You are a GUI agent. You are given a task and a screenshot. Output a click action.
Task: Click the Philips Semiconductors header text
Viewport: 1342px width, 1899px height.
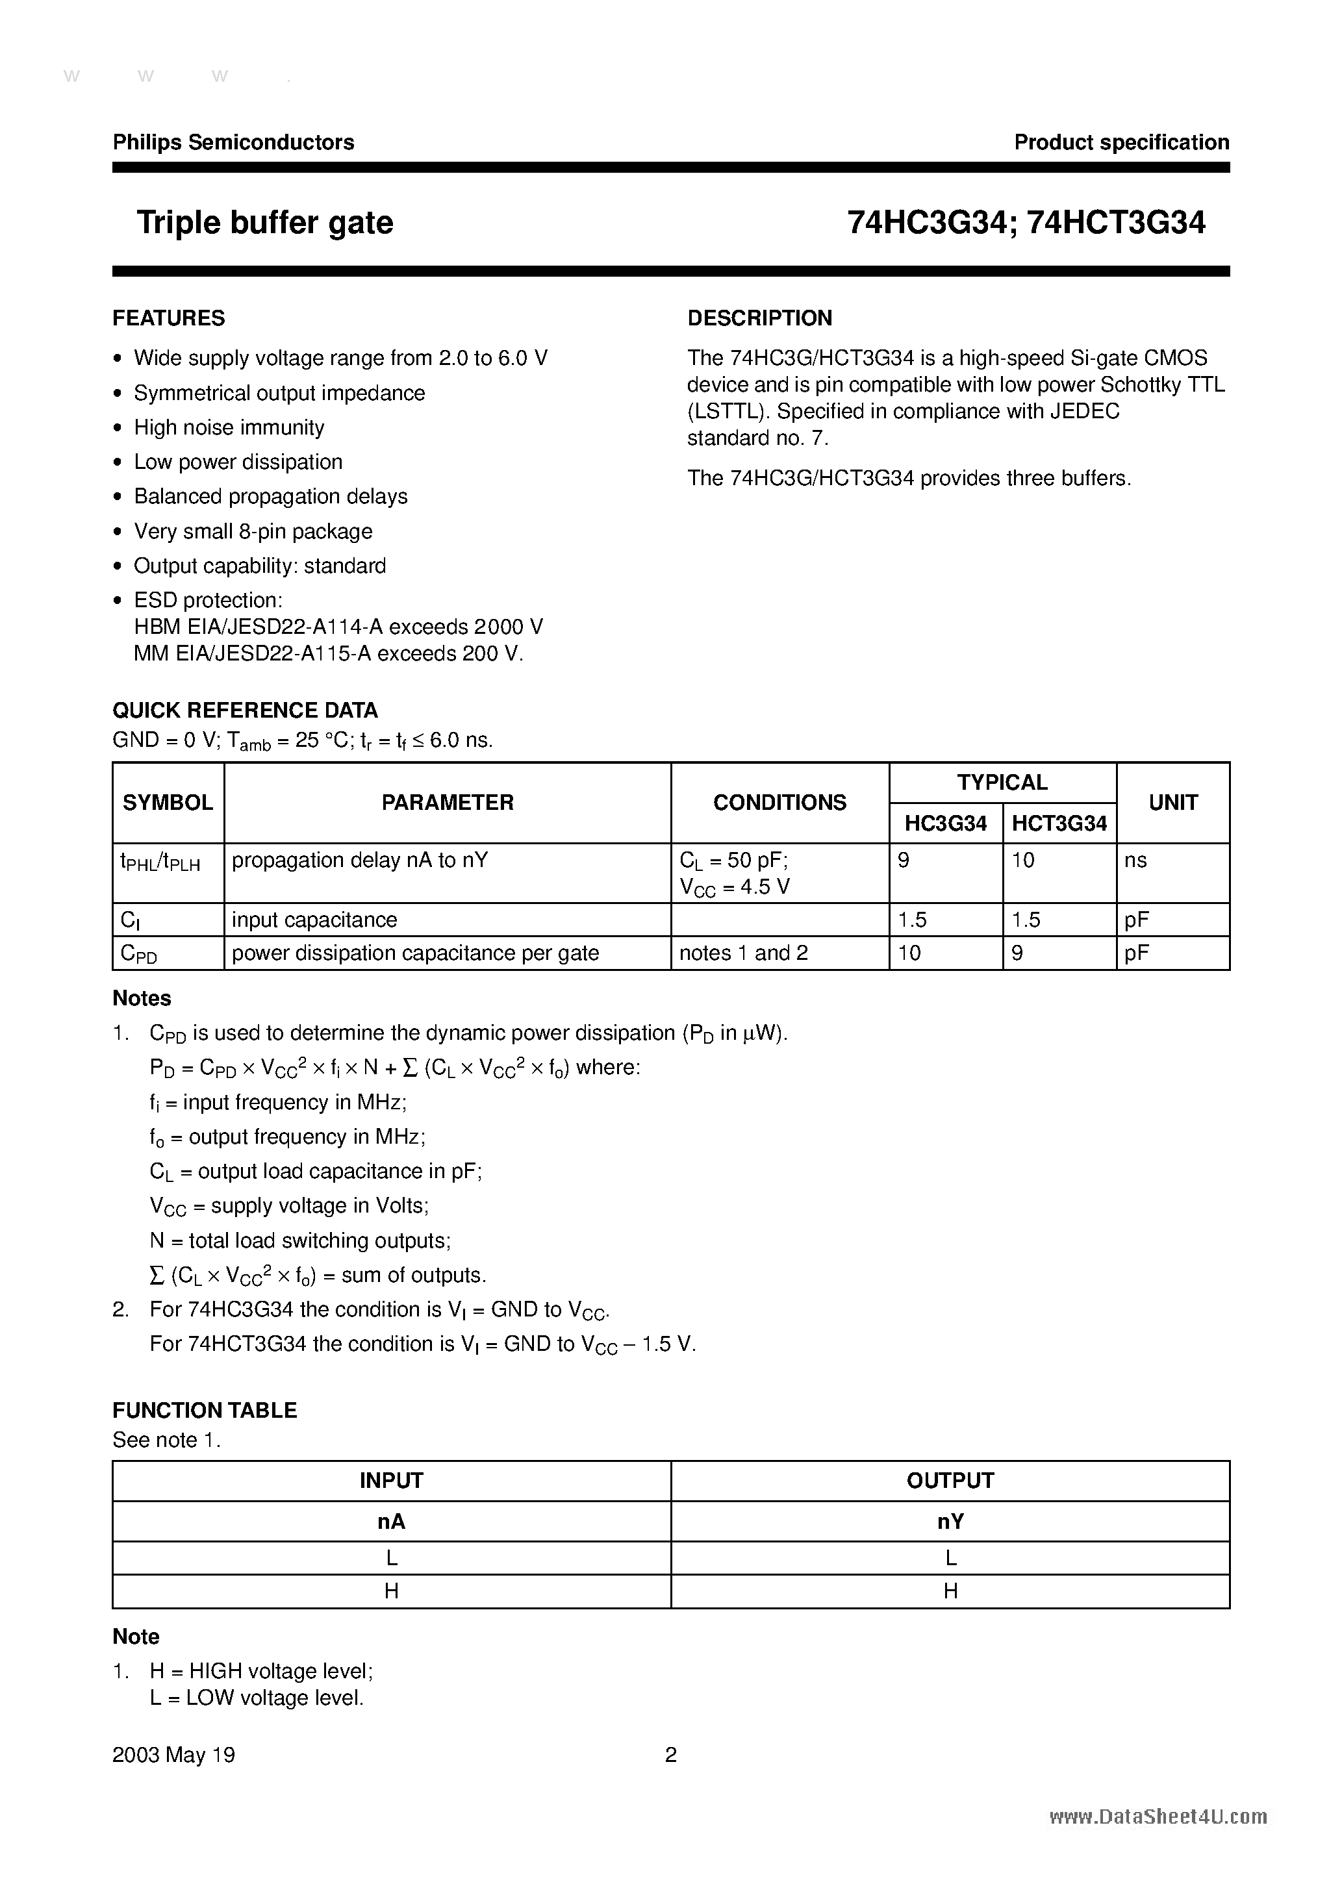click(233, 142)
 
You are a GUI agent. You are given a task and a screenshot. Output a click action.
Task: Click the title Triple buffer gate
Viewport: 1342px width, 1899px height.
click(265, 223)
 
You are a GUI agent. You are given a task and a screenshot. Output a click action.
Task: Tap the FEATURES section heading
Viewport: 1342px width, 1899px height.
click(169, 318)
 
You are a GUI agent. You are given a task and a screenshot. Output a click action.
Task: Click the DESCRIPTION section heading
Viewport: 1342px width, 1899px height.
click(759, 318)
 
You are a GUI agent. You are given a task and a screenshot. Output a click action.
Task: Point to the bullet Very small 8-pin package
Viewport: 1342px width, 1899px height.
click(253, 531)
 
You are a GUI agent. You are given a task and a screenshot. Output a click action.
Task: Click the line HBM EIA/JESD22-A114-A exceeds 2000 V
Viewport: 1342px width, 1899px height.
click(338, 627)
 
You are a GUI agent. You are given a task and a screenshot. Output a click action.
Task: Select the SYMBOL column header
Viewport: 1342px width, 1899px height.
click(168, 802)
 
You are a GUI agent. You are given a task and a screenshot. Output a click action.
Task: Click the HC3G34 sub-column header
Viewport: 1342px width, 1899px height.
click(946, 824)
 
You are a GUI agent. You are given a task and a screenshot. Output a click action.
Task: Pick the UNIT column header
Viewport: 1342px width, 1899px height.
click(1172, 802)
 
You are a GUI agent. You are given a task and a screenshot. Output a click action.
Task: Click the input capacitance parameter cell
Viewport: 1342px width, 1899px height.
click(314, 920)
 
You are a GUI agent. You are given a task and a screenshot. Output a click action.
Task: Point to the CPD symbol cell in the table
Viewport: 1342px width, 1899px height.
click(139, 953)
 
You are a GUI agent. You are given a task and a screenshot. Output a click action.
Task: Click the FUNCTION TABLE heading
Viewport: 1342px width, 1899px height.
click(205, 1410)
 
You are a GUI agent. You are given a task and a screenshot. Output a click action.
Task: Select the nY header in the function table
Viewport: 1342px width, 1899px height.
click(950, 1522)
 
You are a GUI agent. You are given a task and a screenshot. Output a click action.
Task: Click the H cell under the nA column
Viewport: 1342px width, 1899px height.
click(391, 1591)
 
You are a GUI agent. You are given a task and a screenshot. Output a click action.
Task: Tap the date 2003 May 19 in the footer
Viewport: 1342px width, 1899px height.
click(173, 1755)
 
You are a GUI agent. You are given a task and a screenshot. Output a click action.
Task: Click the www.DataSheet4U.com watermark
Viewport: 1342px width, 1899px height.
click(1158, 1817)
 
